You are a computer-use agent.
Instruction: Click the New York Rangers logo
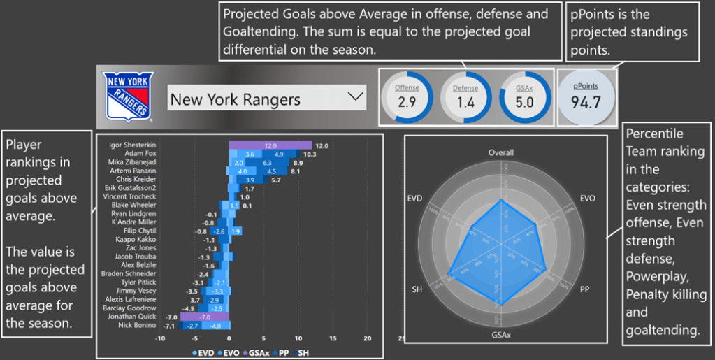[x=128, y=96]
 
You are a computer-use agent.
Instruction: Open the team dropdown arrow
[x=356, y=96]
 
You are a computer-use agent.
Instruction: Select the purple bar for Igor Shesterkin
[x=270, y=145]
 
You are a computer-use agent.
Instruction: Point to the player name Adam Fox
[x=140, y=153]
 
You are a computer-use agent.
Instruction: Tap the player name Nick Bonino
[x=140, y=325]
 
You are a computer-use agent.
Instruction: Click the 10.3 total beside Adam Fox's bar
[x=310, y=154]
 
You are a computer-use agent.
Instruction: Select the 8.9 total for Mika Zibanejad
[x=297, y=162]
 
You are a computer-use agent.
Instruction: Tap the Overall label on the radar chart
[x=500, y=152]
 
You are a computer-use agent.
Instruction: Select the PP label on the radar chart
[x=585, y=289]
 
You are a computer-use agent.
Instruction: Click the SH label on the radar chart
[x=417, y=289]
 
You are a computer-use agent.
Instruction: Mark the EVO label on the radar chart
[x=587, y=199]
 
